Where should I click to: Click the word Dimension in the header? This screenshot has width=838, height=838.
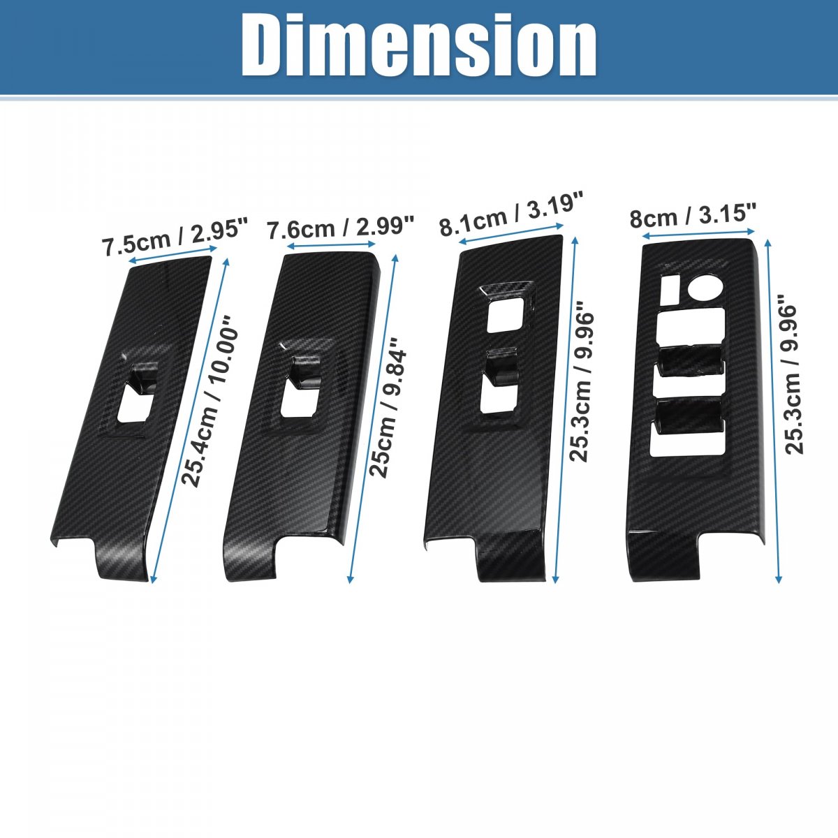click(x=418, y=45)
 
